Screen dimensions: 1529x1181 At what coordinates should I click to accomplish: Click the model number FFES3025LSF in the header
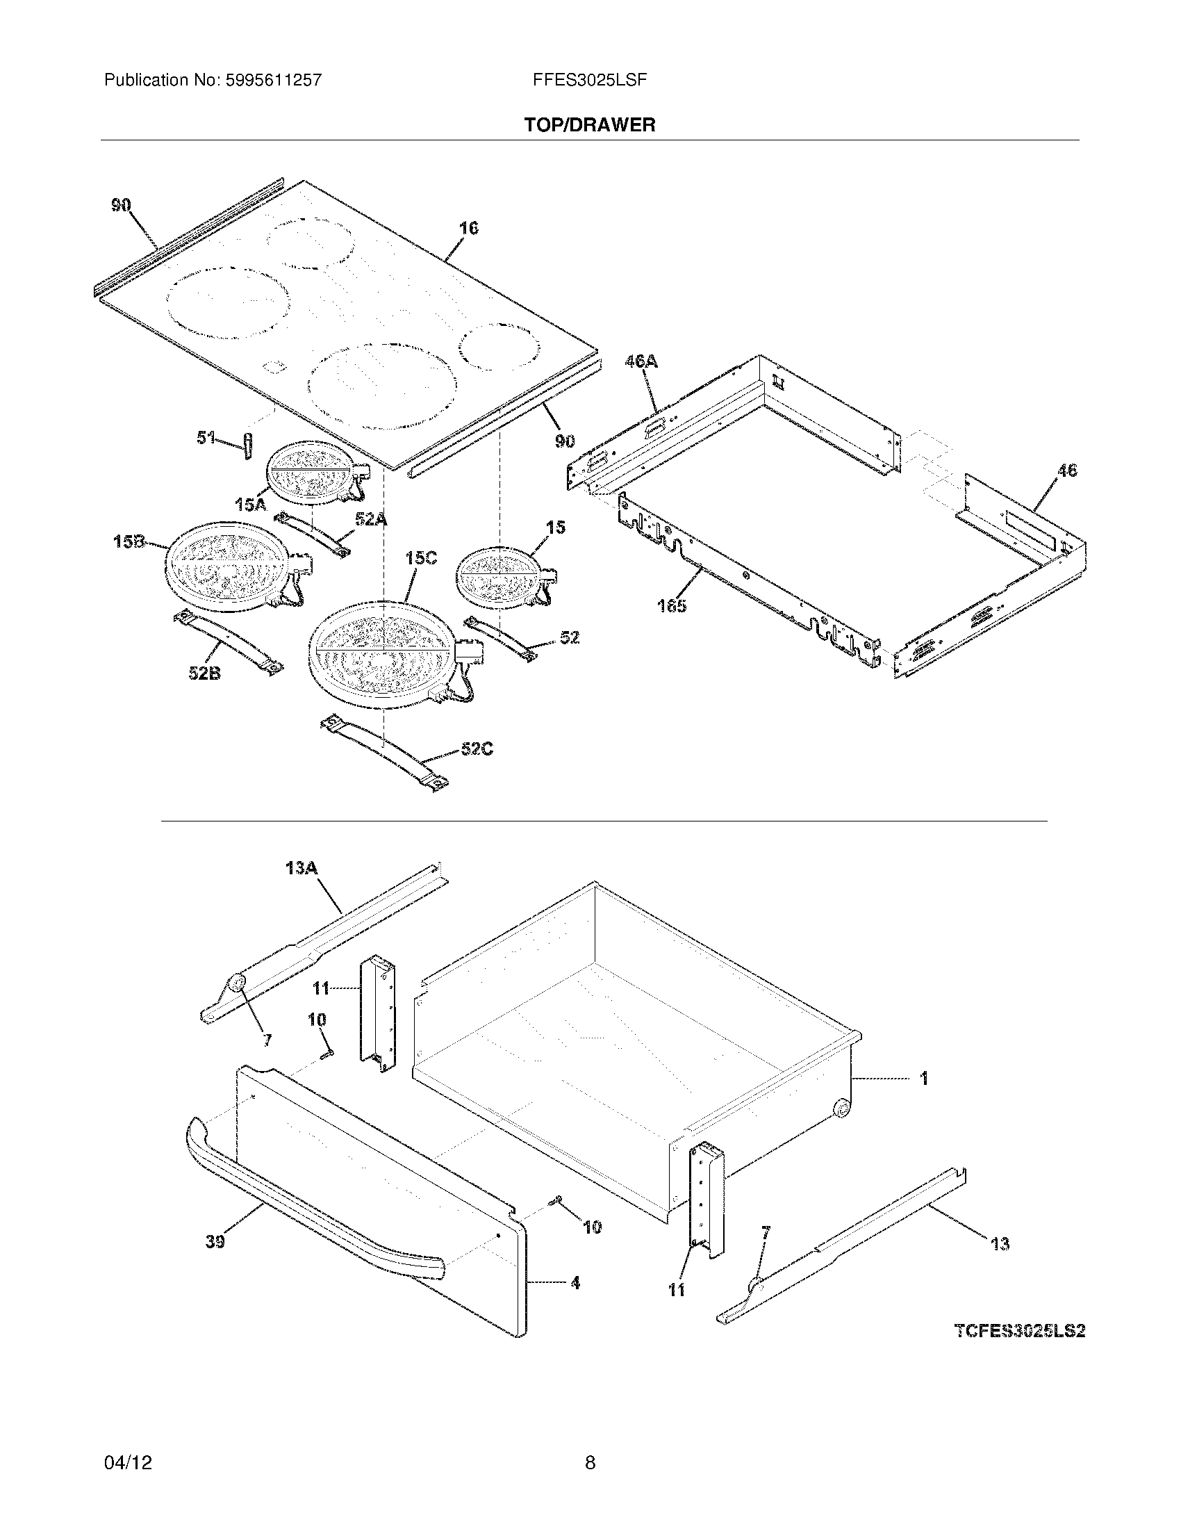(x=589, y=80)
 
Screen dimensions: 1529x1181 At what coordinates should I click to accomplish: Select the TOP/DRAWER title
(x=590, y=125)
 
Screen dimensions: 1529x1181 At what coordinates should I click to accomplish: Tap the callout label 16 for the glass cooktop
(x=468, y=228)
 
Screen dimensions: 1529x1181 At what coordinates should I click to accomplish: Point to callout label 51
(x=205, y=439)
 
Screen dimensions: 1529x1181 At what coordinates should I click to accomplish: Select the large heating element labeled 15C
(x=381, y=648)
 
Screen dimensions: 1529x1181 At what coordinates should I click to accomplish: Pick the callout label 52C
(x=477, y=749)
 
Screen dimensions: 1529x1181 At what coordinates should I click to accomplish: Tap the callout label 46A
(x=641, y=361)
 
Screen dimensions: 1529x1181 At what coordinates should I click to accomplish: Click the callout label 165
(x=672, y=605)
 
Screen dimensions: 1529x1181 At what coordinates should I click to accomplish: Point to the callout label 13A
(x=302, y=869)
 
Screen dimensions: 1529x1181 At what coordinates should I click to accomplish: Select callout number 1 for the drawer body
(x=924, y=1078)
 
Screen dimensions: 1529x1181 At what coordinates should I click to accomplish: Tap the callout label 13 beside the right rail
(x=1000, y=1243)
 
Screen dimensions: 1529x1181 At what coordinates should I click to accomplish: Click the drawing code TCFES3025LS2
(x=1019, y=1331)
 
